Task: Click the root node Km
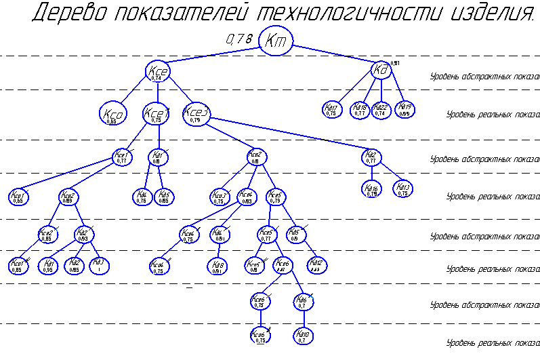[276, 41]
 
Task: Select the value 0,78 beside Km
[238, 40]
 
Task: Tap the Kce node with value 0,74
[157, 73]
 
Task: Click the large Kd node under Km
[381, 69]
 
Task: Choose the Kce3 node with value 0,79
[196, 113]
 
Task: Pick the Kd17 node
[331, 110]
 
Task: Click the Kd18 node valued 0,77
[360, 110]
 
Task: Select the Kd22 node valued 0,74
[381, 110]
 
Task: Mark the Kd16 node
[371, 190]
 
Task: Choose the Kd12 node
[316, 264]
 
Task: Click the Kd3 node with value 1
[99, 264]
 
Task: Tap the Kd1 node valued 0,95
[49, 265]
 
